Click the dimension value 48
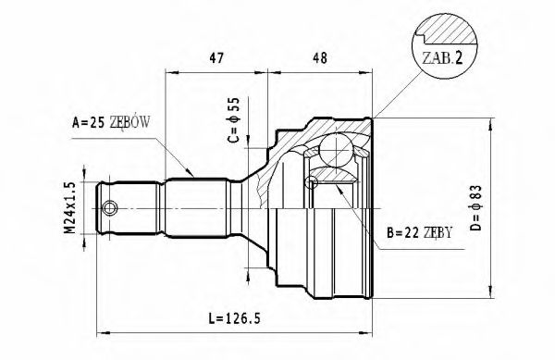(320, 57)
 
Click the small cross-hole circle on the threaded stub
(111, 206)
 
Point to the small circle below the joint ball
(312, 184)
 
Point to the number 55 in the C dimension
(234, 104)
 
